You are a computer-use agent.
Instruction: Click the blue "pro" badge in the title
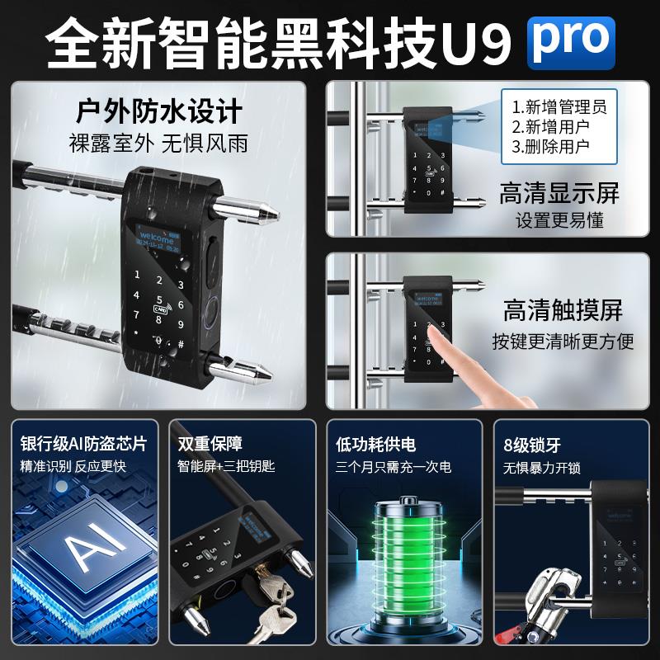pos(571,41)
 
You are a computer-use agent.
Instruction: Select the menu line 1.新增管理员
pos(559,106)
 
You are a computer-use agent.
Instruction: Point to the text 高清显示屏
pos(559,195)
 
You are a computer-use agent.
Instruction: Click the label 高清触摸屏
pos(563,311)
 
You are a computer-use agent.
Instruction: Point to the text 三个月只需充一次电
pos(394,467)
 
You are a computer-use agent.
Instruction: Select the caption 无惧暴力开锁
pos(542,468)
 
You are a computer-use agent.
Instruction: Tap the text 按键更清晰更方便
pos(563,341)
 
